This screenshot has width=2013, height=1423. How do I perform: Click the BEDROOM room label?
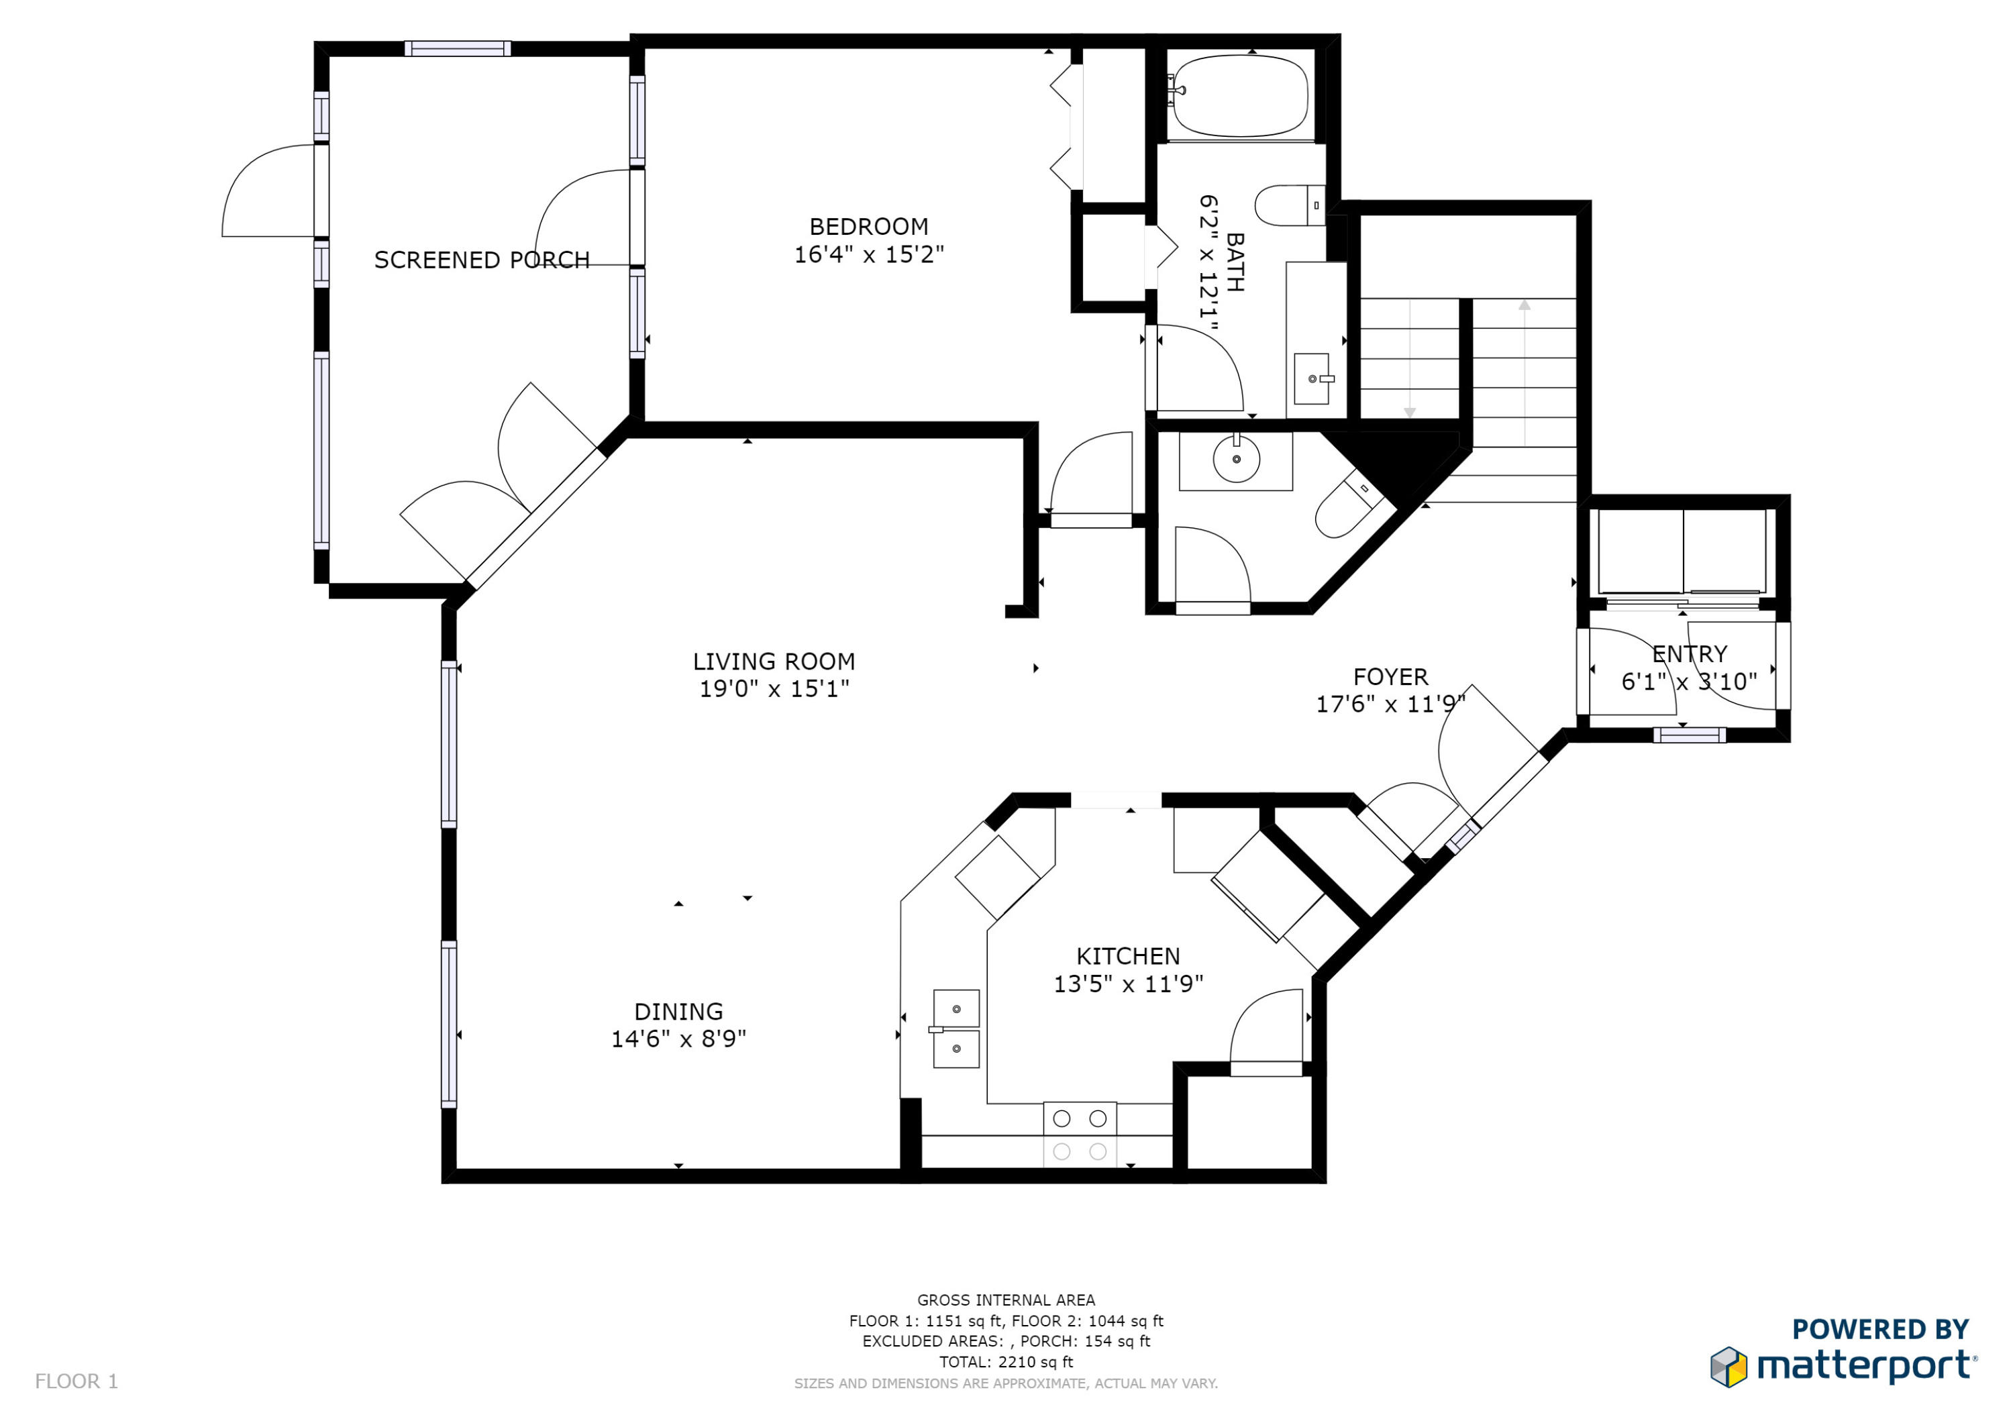pyautogui.click(x=868, y=227)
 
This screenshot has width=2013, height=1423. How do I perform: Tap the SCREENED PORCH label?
pyautogui.click(x=481, y=260)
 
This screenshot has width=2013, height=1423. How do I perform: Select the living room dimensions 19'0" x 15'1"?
pyautogui.click(x=773, y=689)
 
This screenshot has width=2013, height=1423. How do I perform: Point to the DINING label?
pyautogui.click(x=678, y=1012)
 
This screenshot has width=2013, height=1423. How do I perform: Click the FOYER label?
pyautogui.click(x=1390, y=677)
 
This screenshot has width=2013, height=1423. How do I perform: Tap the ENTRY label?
pyautogui.click(x=1689, y=654)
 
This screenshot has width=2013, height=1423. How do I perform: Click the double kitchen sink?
pyautogui.click(x=956, y=1029)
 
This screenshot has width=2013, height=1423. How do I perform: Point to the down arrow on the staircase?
pyautogui.click(x=1409, y=412)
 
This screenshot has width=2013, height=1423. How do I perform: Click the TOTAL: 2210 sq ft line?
pyautogui.click(x=1006, y=1362)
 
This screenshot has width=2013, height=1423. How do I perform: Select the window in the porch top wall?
pyautogui.click(x=457, y=48)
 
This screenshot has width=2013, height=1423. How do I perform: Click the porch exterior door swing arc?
pyautogui.click(x=250, y=180)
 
